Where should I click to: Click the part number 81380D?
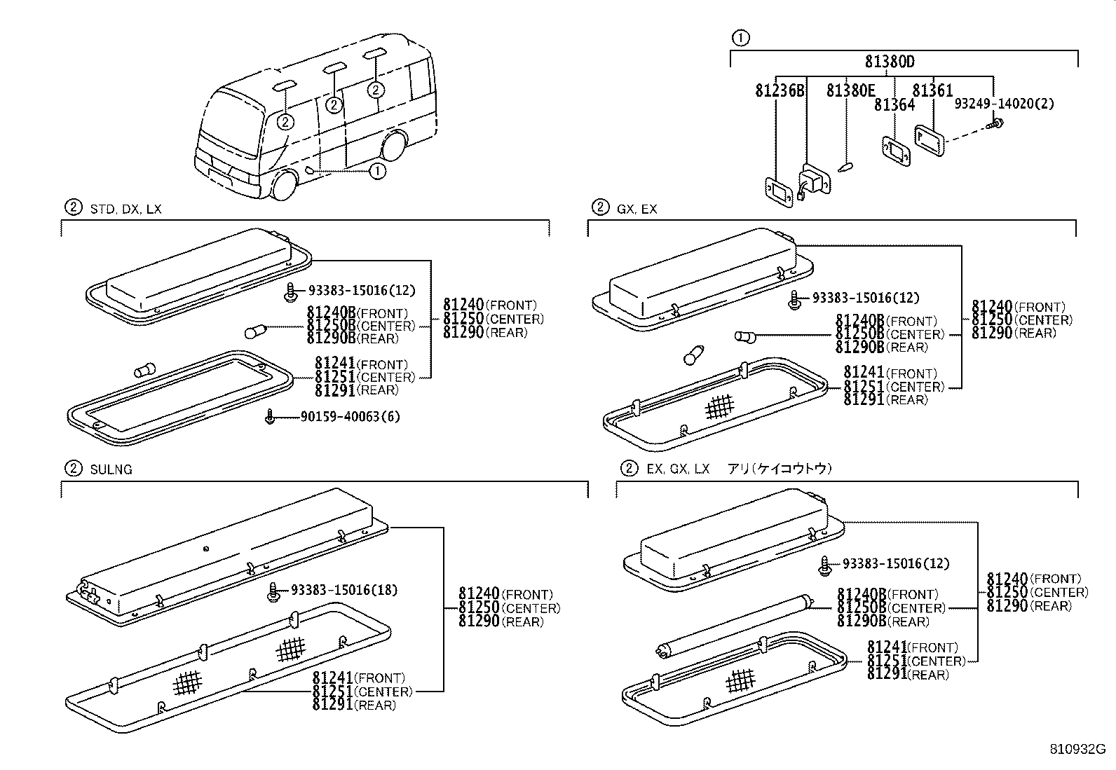[x=889, y=62]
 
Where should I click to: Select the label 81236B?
[x=780, y=91]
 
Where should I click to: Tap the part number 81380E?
[x=850, y=91]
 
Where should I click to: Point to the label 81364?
[x=894, y=105]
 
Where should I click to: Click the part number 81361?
[x=932, y=91]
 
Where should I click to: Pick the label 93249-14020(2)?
[x=1004, y=104]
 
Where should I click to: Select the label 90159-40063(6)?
[x=350, y=417]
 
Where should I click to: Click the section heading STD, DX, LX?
[x=125, y=209]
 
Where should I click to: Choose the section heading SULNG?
[x=111, y=469]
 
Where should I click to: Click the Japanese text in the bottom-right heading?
[x=779, y=469]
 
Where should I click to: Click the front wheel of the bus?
[x=285, y=185]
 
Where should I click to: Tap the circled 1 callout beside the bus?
[x=377, y=170]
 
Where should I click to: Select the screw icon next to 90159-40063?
[x=270, y=417]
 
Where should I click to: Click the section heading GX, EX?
[x=637, y=209]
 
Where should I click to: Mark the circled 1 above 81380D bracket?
[x=740, y=38]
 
